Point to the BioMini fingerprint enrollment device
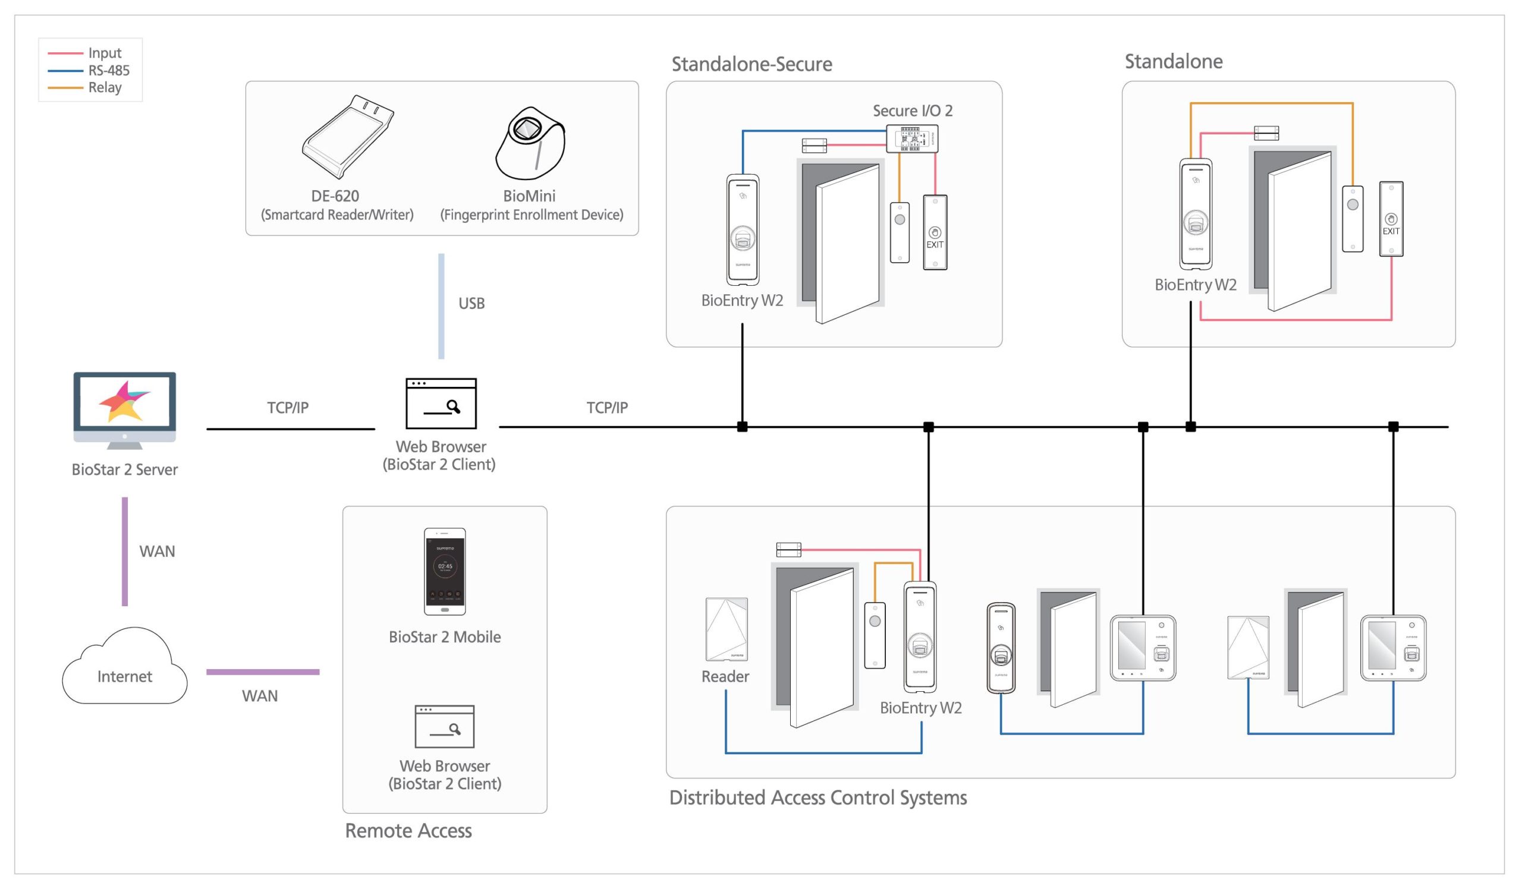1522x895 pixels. click(x=530, y=143)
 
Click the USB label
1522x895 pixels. click(x=471, y=303)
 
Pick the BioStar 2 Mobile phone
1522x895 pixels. click(x=445, y=571)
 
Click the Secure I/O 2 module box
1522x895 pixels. click(x=911, y=138)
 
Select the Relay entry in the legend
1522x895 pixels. click(x=105, y=87)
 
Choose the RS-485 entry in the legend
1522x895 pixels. click(x=109, y=71)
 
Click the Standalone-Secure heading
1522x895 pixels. click(x=751, y=64)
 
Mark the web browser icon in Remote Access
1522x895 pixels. click(x=445, y=726)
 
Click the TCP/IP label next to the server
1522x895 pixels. click(x=288, y=408)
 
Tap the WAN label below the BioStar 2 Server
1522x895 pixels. click(x=157, y=552)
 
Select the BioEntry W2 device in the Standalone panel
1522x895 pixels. click(x=1195, y=214)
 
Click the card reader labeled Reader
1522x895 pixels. click(x=727, y=629)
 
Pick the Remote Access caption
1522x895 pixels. click(x=408, y=831)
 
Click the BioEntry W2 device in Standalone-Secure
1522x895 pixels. click(x=743, y=229)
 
